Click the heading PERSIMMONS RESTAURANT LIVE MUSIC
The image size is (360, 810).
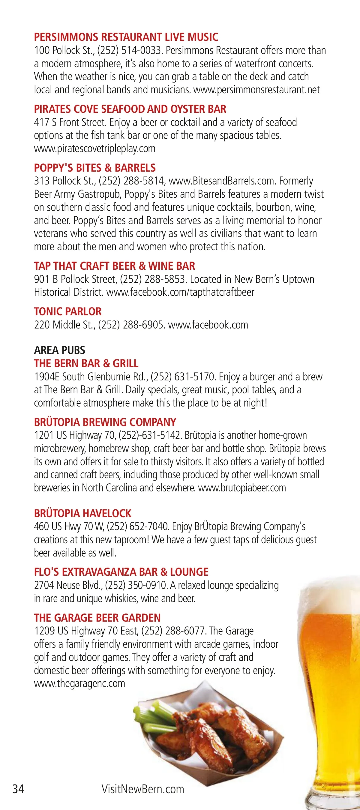126,37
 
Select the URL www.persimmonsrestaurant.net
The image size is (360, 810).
256,90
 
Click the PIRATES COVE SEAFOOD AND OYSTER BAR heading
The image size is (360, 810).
130,109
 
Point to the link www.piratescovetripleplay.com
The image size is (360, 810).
94,148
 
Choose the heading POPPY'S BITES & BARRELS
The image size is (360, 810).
94,168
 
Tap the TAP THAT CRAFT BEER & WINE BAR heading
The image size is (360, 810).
114,266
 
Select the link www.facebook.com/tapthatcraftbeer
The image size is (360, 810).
180,292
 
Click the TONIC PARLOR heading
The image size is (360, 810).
67,312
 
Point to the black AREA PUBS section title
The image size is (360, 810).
59,350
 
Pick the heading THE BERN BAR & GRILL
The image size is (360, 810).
86,364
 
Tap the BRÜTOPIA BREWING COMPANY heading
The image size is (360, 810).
105,422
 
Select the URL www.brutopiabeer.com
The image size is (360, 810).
242,488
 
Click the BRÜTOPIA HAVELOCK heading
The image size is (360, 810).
83,514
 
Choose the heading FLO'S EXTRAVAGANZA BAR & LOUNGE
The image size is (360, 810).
121,572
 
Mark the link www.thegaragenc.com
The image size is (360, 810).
79,684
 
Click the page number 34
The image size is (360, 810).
18,789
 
